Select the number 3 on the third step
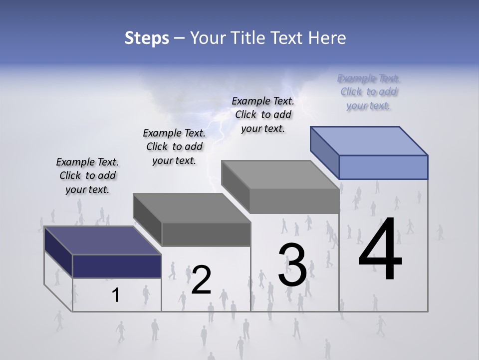[x=292, y=264]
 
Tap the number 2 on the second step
[x=201, y=280]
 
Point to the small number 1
[x=116, y=295]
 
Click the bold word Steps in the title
[x=147, y=37]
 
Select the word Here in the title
[x=328, y=37]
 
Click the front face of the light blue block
[x=383, y=167]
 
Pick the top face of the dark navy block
[x=102, y=240]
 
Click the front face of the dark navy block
[x=117, y=266]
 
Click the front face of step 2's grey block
[x=206, y=234]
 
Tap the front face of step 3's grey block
[x=294, y=201]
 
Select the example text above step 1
[x=88, y=175]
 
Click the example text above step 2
[x=174, y=146]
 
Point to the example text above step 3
[x=263, y=114]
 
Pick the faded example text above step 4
[x=369, y=91]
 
